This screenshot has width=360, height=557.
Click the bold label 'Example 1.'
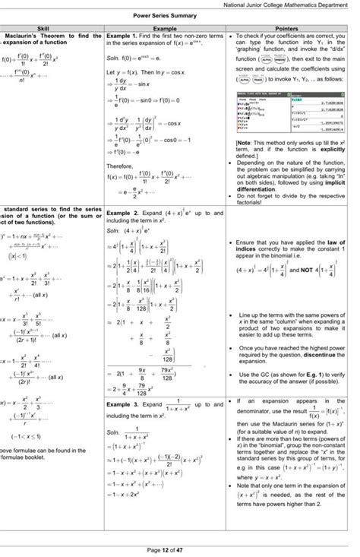[122, 36]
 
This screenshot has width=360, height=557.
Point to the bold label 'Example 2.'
[122, 214]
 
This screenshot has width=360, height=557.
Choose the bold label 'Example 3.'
[122, 406]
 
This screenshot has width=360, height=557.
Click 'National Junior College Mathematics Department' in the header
[292, 5]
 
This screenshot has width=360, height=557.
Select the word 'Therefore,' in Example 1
[120, 164]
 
